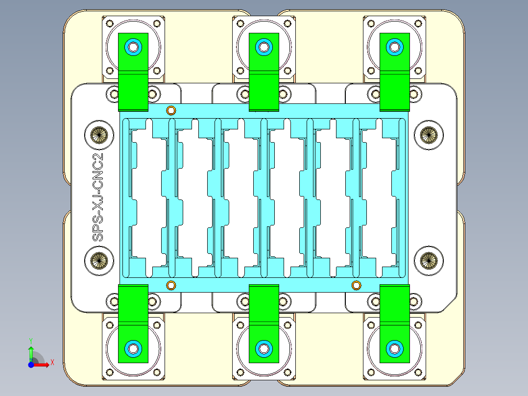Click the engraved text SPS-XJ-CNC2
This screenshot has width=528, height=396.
pyautogui.click(x=99, y=197)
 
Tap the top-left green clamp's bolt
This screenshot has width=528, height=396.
pyautogui.click(x=133, y=47)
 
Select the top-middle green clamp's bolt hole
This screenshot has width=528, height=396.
pyautogui.click(x=264, y=47)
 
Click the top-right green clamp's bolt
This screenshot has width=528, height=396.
pyautogui.click(x=394, y=47)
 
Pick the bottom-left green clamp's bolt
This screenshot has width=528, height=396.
pyautogui.click(x=133, y=348)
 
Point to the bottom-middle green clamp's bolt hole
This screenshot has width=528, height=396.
pyautogui.click(x=264, y=348)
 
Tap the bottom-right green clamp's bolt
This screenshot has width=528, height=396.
pyautogui.click(x=394, y=348)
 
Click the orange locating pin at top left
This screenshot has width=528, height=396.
pyautogui.click(x=171, y=110)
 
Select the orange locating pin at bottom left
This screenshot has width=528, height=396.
pyautogui.click(x=171, y=285)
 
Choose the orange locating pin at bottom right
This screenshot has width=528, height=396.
pyautogui.click(x=356, y=285)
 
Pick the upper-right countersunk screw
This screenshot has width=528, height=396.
pyautogui.click(x=429, y=134)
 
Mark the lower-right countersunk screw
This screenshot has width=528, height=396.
pyautogui.click(x=429, y=260)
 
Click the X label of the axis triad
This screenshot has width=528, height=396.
pyautogui.click(x=52, y=362)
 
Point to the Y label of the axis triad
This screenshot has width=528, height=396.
pyautogui.click(x=30, y=340)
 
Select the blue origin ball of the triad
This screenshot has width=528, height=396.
pyautogui.click(x=31, y=365)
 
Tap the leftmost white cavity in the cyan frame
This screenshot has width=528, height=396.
pyautogui.click(x=147, y=196)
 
